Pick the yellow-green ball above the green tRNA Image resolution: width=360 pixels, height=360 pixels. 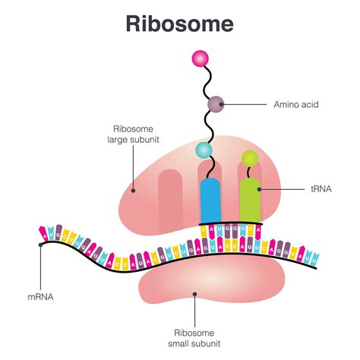249,158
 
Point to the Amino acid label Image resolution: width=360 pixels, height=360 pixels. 292,103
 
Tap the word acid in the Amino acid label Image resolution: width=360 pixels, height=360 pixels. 305,103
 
